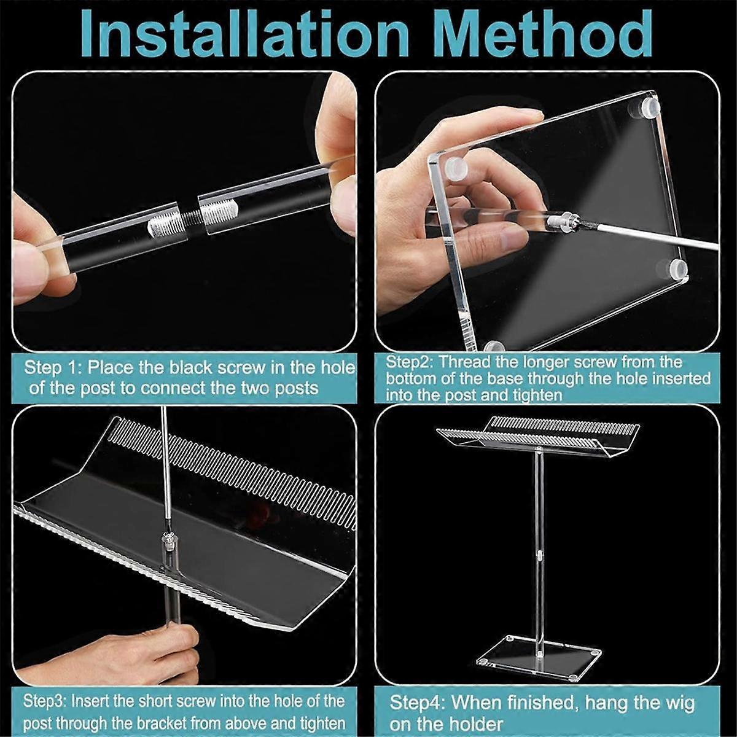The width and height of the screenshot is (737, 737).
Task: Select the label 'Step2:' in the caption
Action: tap(409, 362)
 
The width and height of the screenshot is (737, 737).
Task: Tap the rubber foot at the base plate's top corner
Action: tap(648, 109)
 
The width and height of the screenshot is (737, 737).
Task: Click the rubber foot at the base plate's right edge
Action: tap(677, 268)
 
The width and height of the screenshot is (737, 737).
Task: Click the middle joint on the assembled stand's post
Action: tap(539, 557)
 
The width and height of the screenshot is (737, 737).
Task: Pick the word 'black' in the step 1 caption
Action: tap(194, 368)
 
